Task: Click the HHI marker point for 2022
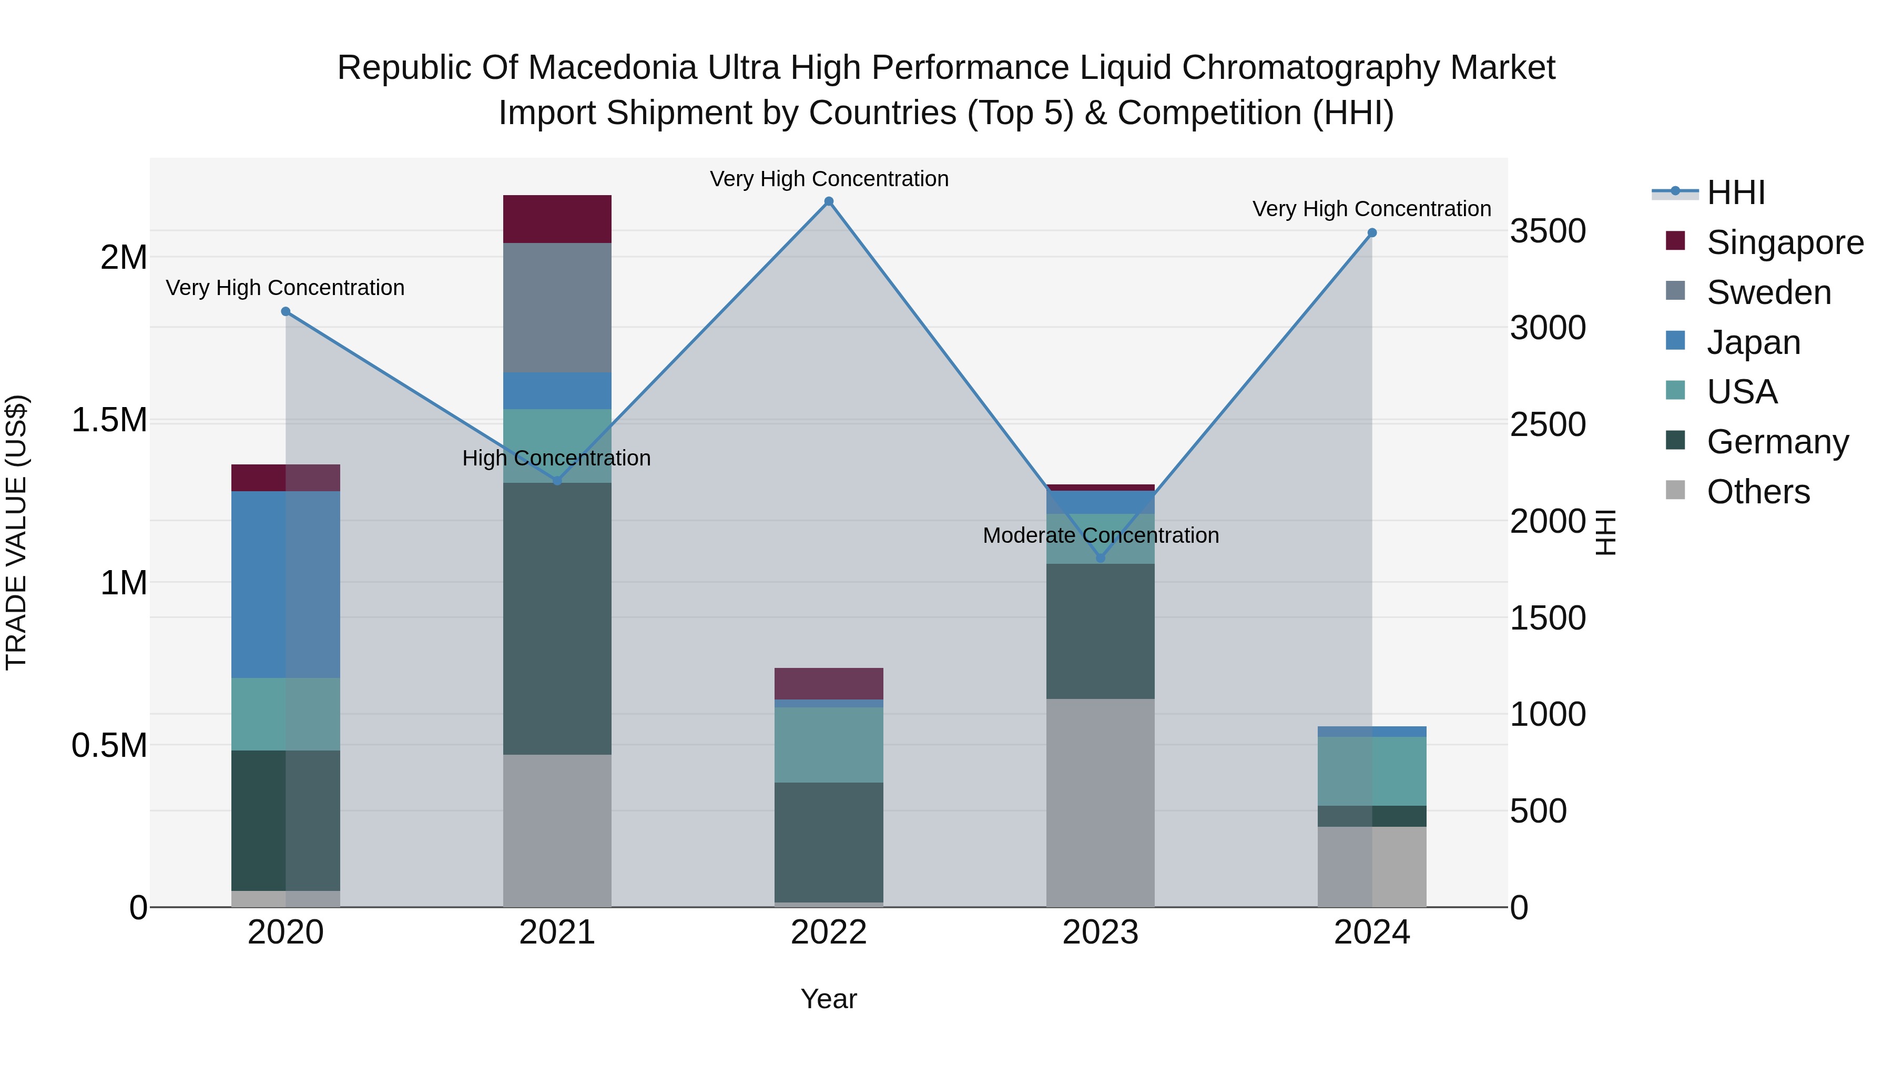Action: click(828, 201)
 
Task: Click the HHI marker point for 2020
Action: click(286, 312)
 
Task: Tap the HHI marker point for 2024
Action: click(1371, 233)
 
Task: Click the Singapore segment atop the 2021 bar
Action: click(557, 219)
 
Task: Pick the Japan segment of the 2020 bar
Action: click(286, 584)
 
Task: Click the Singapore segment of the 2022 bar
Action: click(828, 684)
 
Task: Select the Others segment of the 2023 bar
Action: click(1100, 803)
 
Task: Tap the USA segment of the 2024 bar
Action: click(1371, 771)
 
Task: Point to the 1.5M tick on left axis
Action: click(109, 420)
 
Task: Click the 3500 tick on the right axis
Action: click(1548, 231)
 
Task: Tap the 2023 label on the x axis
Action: click(1100, 932)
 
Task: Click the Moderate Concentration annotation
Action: click(1100, 535)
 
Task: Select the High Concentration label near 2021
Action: click(556, 458)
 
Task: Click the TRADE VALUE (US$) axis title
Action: click(16, 532)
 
